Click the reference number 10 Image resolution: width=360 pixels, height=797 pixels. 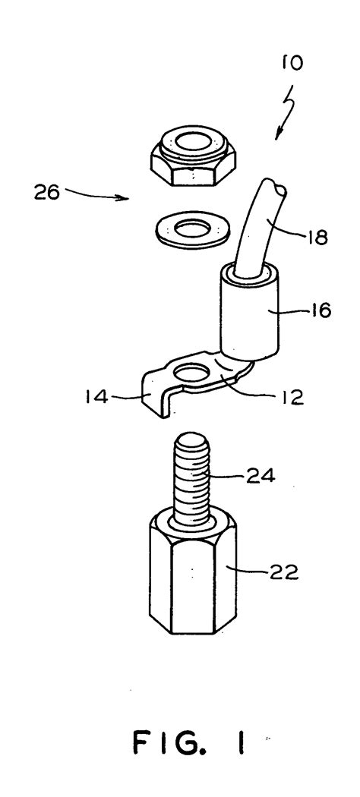click(x=292, y=63)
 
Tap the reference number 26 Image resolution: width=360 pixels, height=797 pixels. click(x=47, y=193)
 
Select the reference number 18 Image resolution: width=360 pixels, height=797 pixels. click(x=318, y=238)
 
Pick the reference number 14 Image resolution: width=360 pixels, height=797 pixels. click(x=96, y=396)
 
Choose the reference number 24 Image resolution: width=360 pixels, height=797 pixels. click(x=261, y=476)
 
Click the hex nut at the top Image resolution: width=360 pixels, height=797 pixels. click(x=193, y=156)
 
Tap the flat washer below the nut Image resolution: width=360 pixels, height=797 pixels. click(x=192, y=230)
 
